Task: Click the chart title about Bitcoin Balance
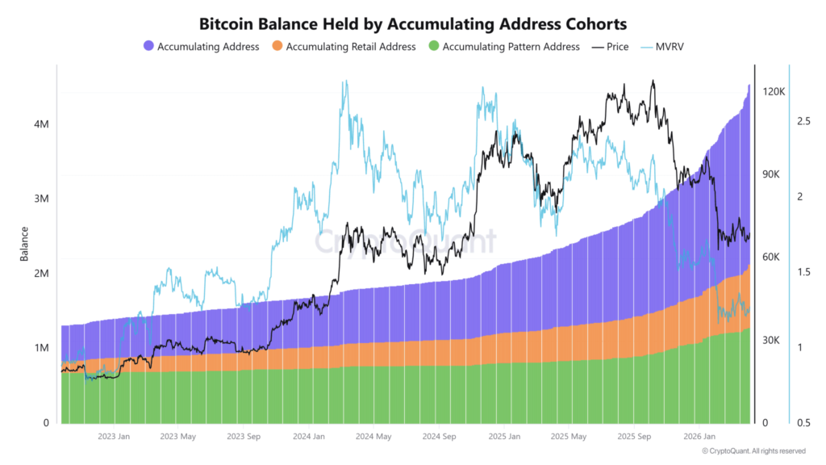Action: (412, 24)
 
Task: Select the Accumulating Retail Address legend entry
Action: (351, 47)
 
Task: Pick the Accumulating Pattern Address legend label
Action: (511, 47)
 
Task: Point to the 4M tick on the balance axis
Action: (40, 124)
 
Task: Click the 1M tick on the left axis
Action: (40, 348)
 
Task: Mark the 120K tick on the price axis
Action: (774, 92)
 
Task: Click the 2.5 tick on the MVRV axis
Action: (804, 121)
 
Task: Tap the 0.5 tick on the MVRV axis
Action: (804, 423)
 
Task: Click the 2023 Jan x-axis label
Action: (114, 437)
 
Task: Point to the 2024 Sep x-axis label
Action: (439, 437)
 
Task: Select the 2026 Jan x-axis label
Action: (699, 437)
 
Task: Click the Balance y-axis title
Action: (24, 244)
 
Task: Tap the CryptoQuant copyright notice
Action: (753, 451)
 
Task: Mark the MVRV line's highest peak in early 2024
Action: (345, 82)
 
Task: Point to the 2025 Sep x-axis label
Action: (633, 437)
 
